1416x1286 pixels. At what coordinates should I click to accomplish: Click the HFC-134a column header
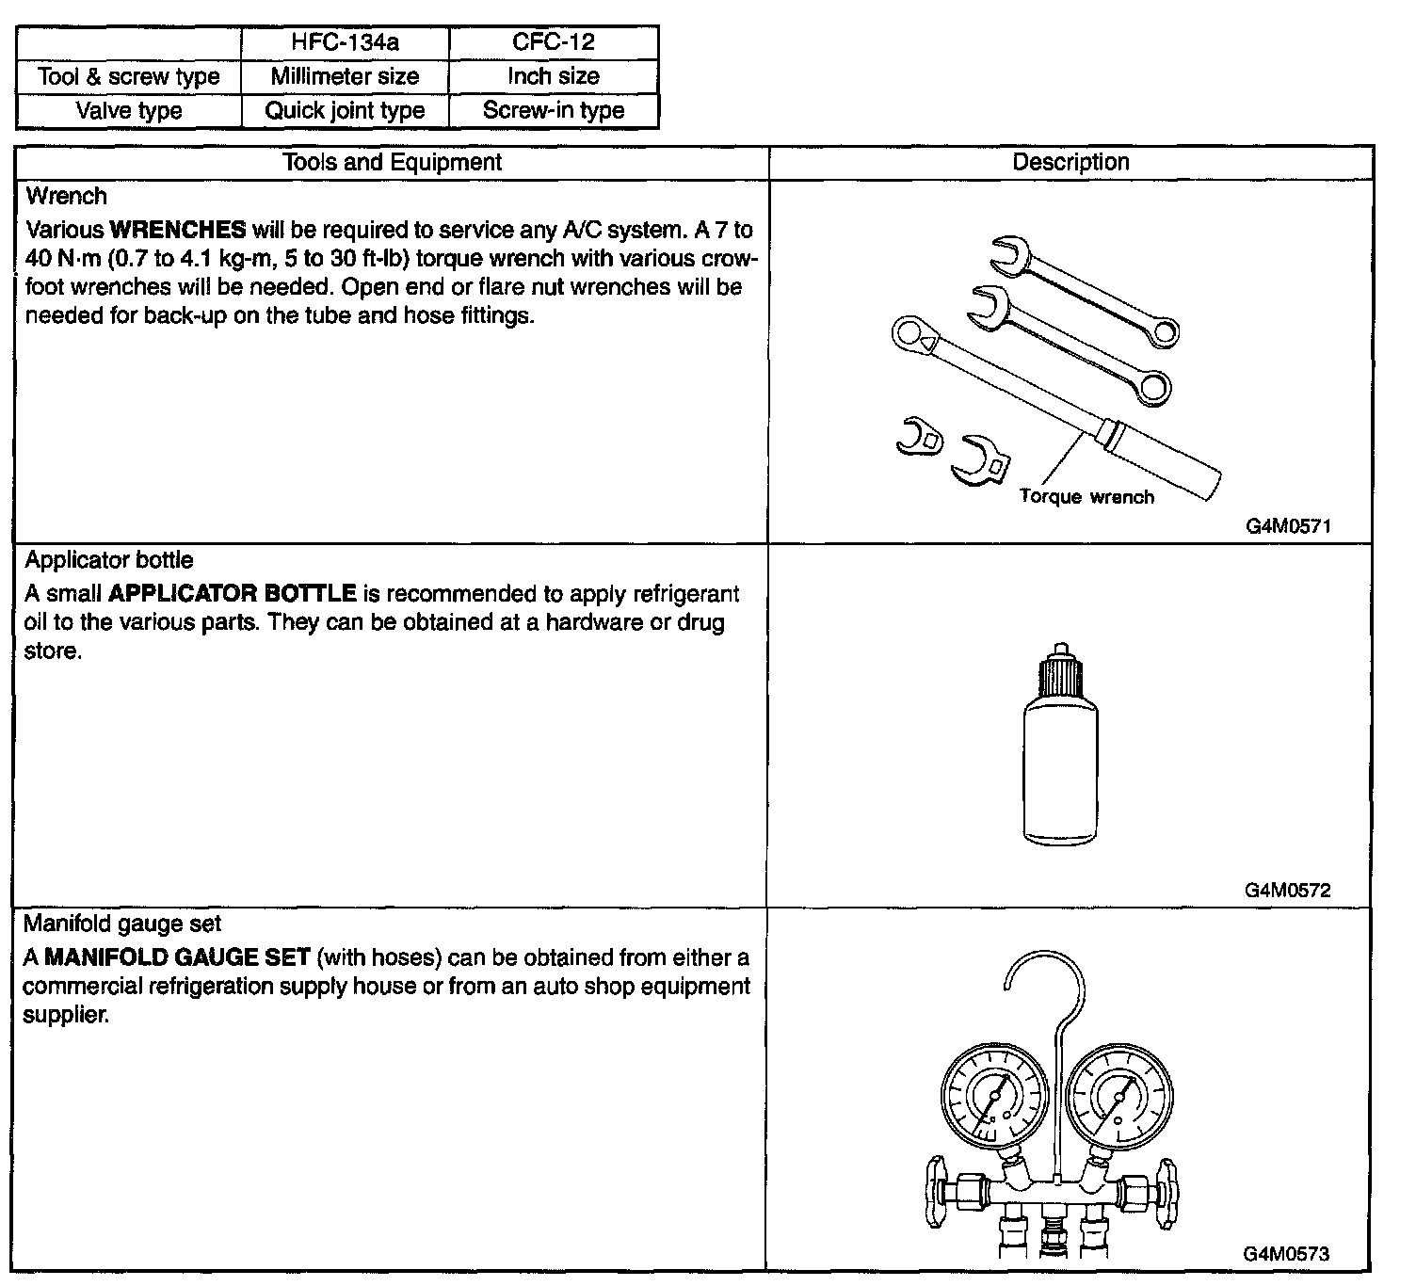coord(346,42)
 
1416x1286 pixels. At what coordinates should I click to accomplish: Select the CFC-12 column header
coord(554,42)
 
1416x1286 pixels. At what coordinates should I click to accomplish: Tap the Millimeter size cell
coord(346,76)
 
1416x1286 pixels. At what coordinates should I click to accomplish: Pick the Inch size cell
coord(554,76)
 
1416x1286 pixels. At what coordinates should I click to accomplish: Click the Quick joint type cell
coord(346,110)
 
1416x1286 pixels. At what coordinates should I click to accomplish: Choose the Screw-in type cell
coord(554,110)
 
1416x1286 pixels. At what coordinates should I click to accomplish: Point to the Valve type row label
coord(129,110)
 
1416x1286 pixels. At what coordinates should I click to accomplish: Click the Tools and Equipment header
coord(393,162)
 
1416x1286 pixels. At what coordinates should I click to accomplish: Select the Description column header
coord(1070,162)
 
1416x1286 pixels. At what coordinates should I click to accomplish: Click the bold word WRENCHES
coord(178,230)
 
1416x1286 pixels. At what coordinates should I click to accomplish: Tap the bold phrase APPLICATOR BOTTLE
coord(233,594)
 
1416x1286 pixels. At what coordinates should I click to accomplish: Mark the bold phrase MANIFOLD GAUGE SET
coord(178,957)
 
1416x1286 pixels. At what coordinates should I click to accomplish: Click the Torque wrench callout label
coord(1086,497)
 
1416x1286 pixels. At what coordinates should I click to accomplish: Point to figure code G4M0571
coord(1288,526)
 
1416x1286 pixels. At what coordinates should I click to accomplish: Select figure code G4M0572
coord(1288,890)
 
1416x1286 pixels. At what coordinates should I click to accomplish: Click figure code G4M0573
coord(1286,1253)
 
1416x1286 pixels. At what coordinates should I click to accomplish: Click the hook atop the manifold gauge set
coord(1045,979)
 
